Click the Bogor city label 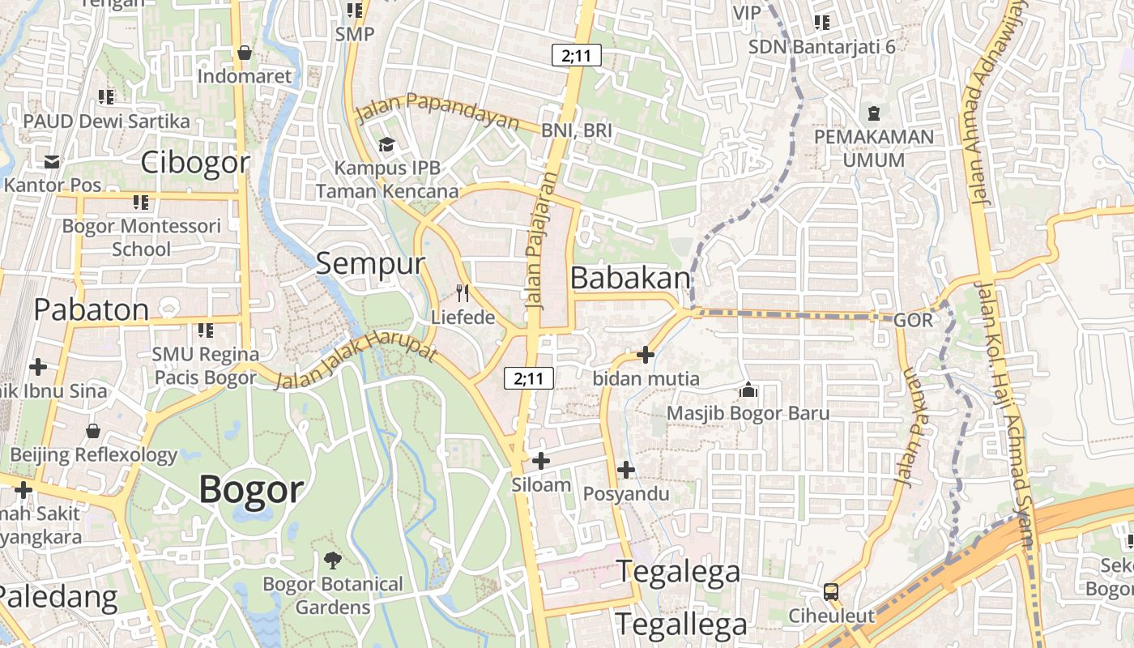(251, 489)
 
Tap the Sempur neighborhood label (370, 263)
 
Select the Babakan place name (631, 278)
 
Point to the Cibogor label (195, 163)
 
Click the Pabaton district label (92, 309)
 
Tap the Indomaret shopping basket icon (245, 53)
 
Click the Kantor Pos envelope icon (53, 162)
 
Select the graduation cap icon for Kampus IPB (386, 145)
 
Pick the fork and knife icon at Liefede (463, 293)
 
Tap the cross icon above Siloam (541, 461)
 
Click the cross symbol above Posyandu (626, 470)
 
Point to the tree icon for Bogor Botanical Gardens (332, 560)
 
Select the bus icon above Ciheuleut (831, 591)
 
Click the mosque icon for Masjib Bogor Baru (748, 390)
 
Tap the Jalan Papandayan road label (437, 111)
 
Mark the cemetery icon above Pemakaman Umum (873, 113)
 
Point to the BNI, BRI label (577, 130)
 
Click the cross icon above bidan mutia (646, 355)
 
